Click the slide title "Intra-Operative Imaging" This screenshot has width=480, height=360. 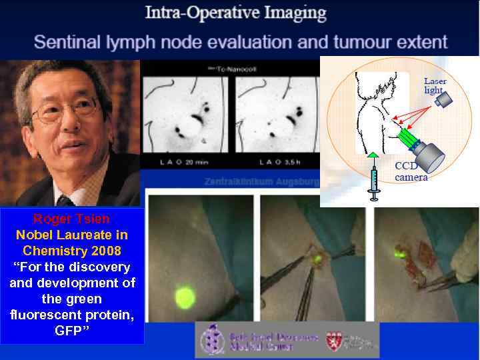(x=237, y=13)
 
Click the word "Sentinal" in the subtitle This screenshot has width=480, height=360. (x=68, y=43)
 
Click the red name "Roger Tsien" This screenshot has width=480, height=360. (x=72, y=219)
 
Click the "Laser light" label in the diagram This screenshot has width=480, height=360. (x=435, y=85)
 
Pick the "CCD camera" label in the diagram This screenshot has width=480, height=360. (x=411, y=171)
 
